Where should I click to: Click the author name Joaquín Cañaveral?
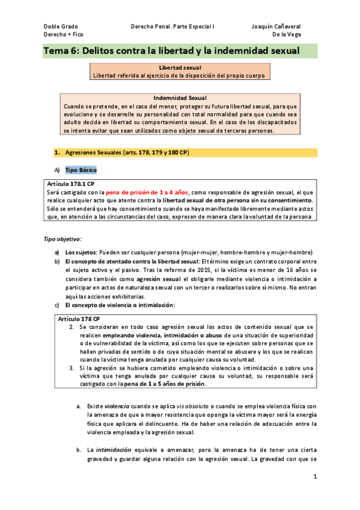coord(276,26)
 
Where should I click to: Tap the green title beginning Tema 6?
coord(171,51)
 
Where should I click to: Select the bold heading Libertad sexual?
coord(180,69)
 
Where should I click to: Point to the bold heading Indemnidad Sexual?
coord(180,98)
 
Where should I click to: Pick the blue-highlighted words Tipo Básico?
coord(80,170)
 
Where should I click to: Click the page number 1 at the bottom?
coord(314,476)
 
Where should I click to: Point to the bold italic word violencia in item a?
coord(117,407)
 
